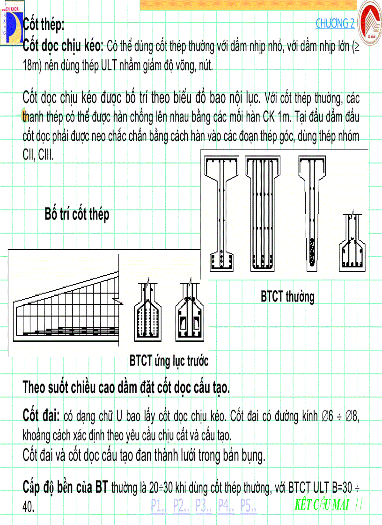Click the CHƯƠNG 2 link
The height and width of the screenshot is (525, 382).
point(335,23)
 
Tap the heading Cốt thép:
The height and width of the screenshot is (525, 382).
point(44,25)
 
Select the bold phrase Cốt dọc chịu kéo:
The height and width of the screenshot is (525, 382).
point(63,46)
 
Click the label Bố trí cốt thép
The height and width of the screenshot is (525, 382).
point(77,214)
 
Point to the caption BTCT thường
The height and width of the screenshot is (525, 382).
point(287,296)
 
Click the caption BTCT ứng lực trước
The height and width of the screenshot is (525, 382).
point(169,361)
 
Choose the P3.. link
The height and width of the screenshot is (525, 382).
point(204,505)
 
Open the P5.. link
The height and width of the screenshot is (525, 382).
point(248,505)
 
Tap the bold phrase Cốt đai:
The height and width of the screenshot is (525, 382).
point(41,415)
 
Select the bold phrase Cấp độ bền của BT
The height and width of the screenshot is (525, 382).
point(66,488)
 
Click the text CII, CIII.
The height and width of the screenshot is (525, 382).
point(38,155)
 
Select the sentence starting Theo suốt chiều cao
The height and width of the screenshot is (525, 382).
point(126,388)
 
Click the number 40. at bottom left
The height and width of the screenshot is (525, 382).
point(29,507)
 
